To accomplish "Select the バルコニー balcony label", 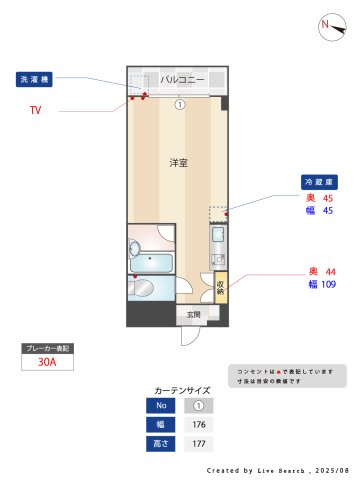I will (182, 80).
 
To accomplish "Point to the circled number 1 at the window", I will (179, 103).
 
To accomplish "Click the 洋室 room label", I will (178, 162).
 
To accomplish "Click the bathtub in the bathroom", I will (153, 264).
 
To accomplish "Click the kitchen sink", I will (218, 238).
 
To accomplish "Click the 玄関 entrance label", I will (194, 315).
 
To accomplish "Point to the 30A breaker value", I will (46, 364).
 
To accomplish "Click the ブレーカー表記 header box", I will (46, 349).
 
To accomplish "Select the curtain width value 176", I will (198, 424).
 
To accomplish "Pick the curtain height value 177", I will (198, 443).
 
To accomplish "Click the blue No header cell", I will (162, 406).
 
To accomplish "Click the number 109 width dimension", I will (328, 285).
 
